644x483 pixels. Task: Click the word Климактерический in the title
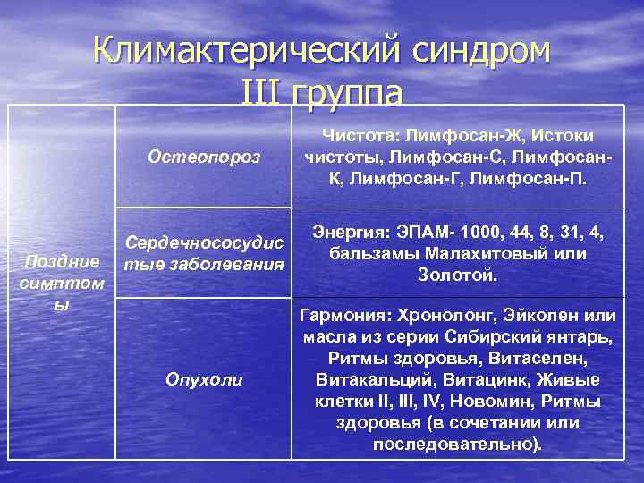[235, 51]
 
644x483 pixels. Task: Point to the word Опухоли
[204, 379]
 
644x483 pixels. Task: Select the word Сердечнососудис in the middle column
[205, 243]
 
